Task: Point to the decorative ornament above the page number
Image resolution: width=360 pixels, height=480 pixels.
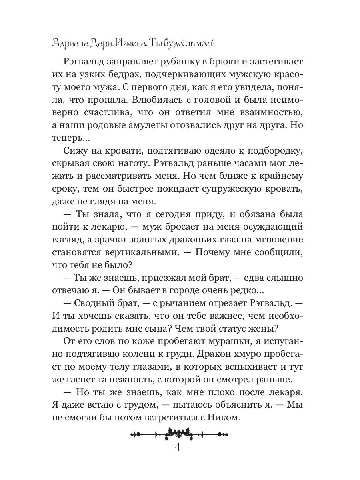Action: (x=179, y=432)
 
